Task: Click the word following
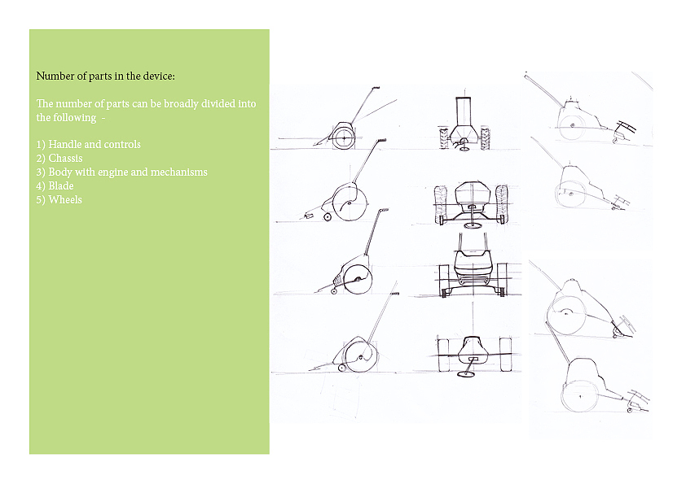(75, 118)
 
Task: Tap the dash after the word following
(103, 119)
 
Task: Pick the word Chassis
(65, 158)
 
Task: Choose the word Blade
(61, 186)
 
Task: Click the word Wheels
(65, 200)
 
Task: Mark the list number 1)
(41, 145)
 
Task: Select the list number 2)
(41, 159)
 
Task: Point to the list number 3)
(41, 172)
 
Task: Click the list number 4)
(41, 186)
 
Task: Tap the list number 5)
(41, 200)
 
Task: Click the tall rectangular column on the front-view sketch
(465, 111)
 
